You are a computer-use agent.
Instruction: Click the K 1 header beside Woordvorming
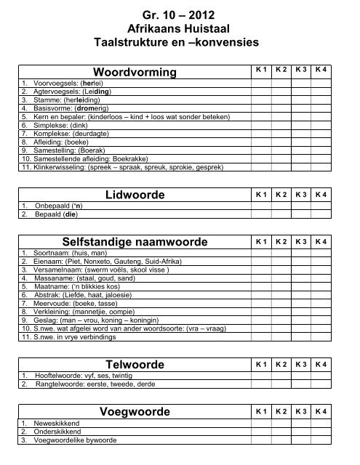click(260, 69)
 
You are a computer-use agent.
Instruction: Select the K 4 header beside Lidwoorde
click(321, 195)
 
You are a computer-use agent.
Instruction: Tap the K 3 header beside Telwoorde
click(300, 363)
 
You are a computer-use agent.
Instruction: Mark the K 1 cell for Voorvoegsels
click(260, 83)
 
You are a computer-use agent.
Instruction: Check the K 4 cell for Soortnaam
click(321, 251)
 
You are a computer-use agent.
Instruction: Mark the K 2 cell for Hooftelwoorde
click(280, 375)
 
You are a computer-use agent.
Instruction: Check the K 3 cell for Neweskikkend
click(300, 422)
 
